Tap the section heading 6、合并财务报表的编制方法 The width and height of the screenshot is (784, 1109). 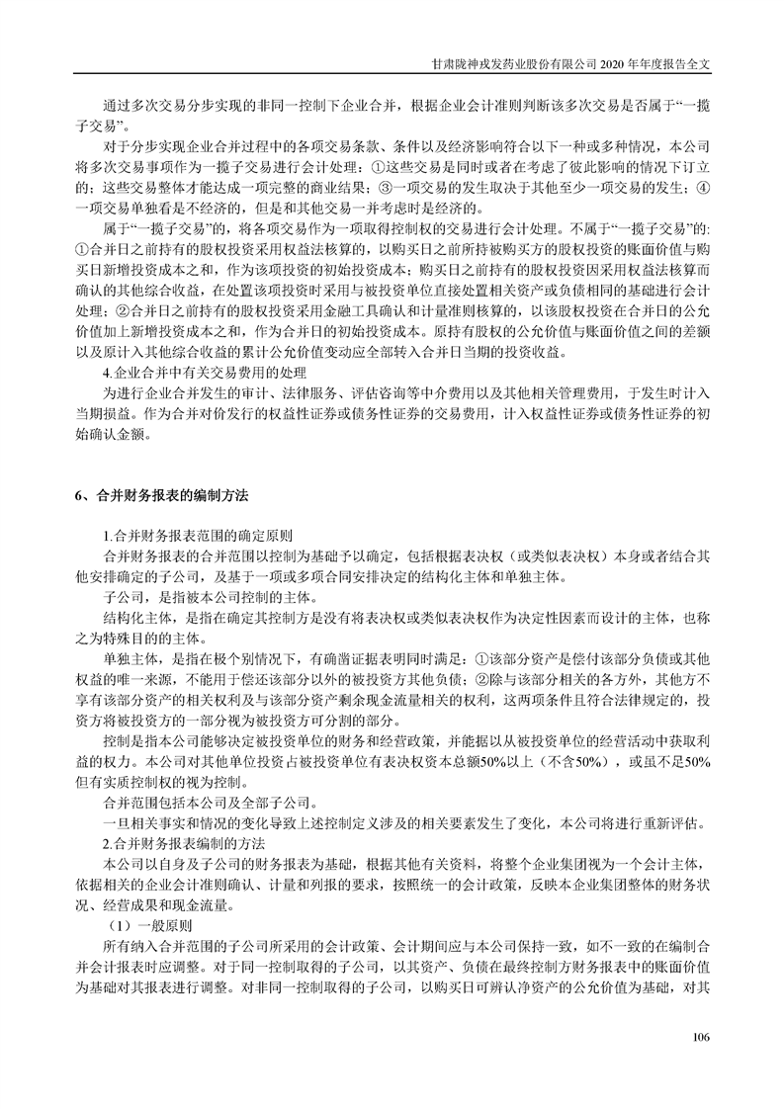click(162, 492)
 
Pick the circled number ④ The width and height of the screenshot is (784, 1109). click(702, 185)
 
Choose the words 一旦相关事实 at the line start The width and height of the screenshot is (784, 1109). click(147, 823)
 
